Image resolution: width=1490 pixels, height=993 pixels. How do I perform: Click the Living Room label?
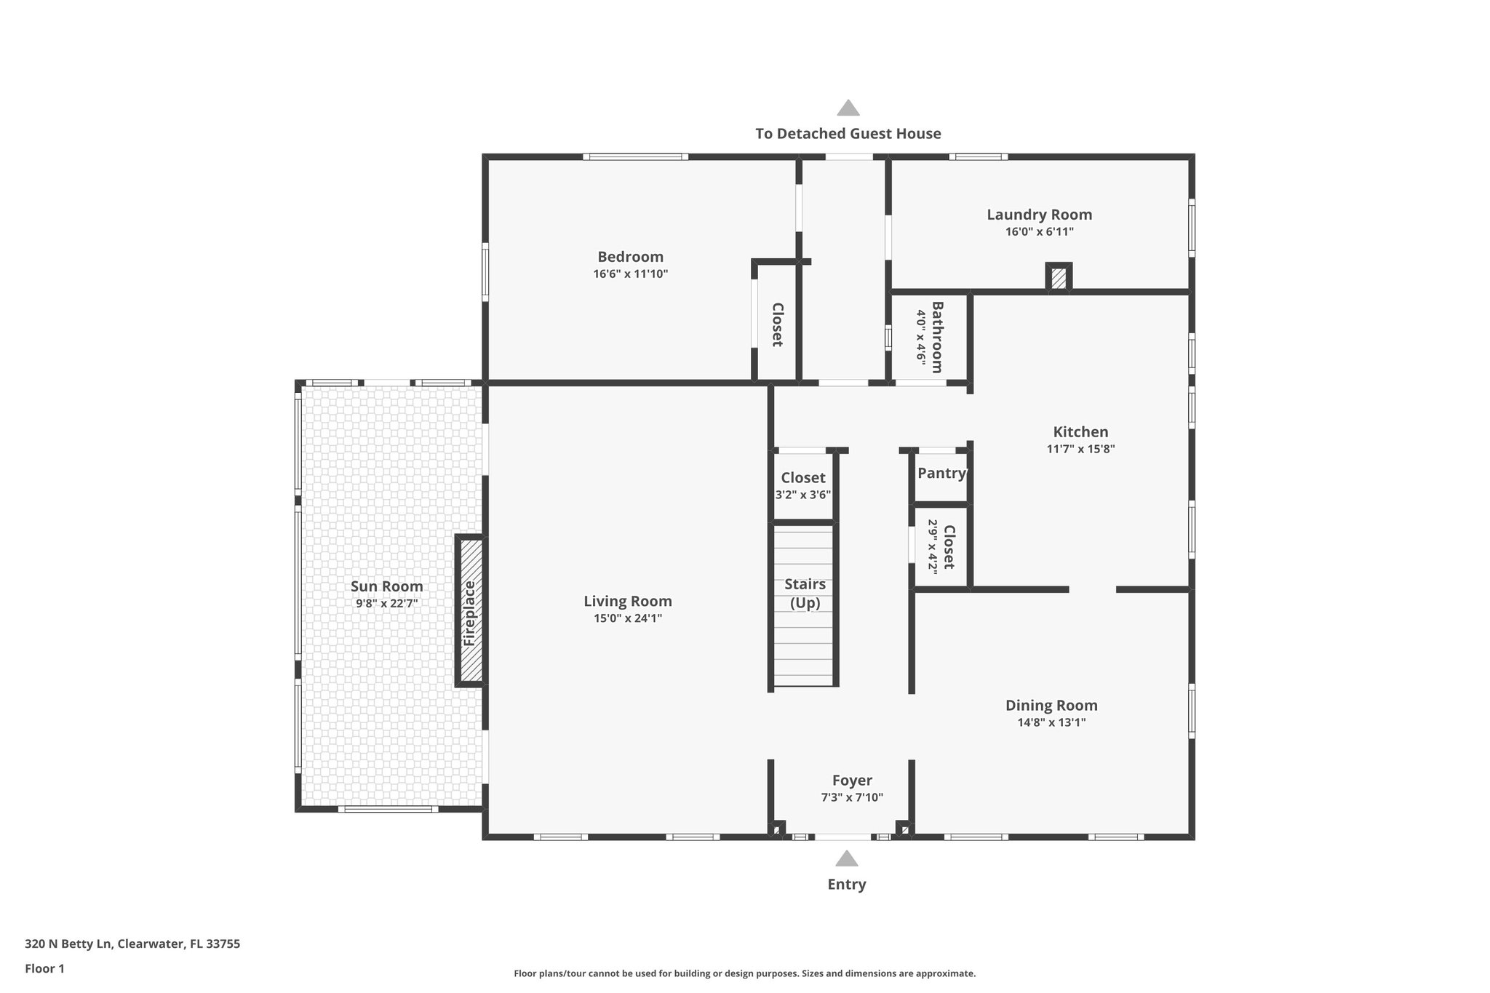coord(627,601)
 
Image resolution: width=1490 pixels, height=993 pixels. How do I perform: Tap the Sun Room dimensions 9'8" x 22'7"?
coord(386,603)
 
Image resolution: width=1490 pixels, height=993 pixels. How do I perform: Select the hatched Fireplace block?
coord(470,612)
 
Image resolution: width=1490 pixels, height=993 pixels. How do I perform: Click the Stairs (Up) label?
coord(805,593)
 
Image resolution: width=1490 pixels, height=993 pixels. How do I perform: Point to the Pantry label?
coord(941,474)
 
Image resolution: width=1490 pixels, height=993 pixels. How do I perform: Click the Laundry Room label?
coord(1039,215)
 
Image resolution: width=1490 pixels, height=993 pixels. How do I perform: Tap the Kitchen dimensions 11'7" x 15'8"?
coord(1080,449)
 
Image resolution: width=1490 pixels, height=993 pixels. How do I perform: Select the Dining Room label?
coord(1051,705)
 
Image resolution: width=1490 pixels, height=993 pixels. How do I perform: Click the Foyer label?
coord(852,781)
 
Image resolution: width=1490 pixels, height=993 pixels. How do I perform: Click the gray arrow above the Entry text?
coord(846,859)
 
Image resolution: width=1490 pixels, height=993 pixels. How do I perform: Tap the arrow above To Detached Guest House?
coord(848,108)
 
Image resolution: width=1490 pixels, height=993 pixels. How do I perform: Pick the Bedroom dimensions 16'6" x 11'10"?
coord(630,274)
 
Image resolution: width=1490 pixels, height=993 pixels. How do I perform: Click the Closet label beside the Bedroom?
coord(776,324)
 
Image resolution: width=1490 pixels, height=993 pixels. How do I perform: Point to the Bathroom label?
coord(937,337)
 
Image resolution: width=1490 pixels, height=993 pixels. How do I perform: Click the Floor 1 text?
coord(44,968)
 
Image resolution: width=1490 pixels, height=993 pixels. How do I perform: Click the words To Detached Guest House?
coord(848,134)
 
